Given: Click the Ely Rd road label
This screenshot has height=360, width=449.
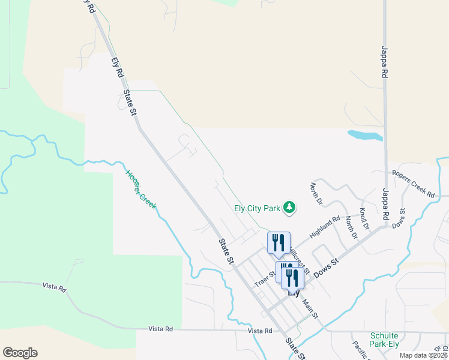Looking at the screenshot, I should coord(117,67).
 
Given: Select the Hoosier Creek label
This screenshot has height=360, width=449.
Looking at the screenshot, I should coord(140,190).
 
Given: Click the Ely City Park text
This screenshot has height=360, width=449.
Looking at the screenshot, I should coord(257,209).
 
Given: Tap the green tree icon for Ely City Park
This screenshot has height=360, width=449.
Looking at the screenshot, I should coord(290,208).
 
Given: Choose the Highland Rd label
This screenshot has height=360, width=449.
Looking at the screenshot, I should coord(325,226).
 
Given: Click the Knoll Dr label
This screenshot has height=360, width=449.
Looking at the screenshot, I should coord(364,218).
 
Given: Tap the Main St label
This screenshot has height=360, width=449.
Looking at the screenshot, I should coord(310,308).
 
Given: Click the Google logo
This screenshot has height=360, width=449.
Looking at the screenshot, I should coord(20,353).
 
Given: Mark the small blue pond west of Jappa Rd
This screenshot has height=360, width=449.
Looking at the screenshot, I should coord(365,135).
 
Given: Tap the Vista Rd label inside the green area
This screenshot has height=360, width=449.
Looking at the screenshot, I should coord(53,287).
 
